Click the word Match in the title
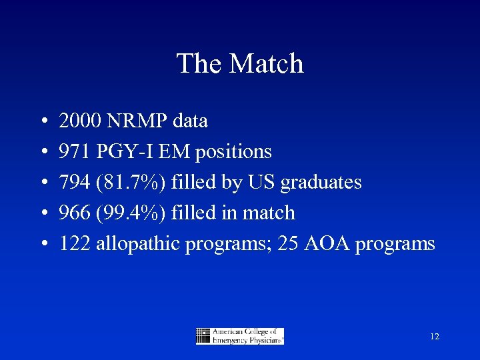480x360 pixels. coord(267,64)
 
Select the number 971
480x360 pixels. coord(75,152)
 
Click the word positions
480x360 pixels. coord(233,152)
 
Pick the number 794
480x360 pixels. coord(75,183)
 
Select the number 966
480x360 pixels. coord(75,213)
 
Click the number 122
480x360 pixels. coord(75,244)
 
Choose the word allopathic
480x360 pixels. coord(138,244)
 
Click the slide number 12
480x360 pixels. coord(435,337)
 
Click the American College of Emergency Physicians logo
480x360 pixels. coord(240,336)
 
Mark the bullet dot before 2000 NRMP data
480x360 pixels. coord(43,122)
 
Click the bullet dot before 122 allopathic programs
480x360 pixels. coord(43,245)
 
